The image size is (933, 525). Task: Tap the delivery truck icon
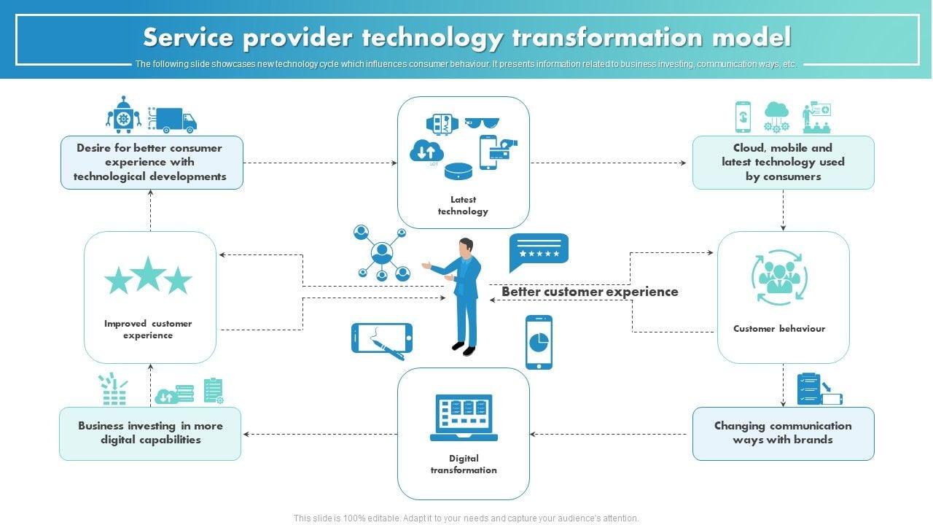173,120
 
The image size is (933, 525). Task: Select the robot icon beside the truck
124,115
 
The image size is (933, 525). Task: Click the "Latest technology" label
463,205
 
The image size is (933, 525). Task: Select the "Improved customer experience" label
148,329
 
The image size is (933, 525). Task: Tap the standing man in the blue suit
462,295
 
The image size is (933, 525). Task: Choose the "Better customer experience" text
590,292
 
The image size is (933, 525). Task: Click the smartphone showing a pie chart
539,342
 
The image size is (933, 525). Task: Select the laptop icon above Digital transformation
464,418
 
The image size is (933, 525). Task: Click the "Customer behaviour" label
779,329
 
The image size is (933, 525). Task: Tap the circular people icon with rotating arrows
779,277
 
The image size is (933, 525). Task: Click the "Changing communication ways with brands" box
783,433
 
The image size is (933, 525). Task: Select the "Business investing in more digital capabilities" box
150,433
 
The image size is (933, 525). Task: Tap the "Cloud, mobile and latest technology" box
783,162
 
